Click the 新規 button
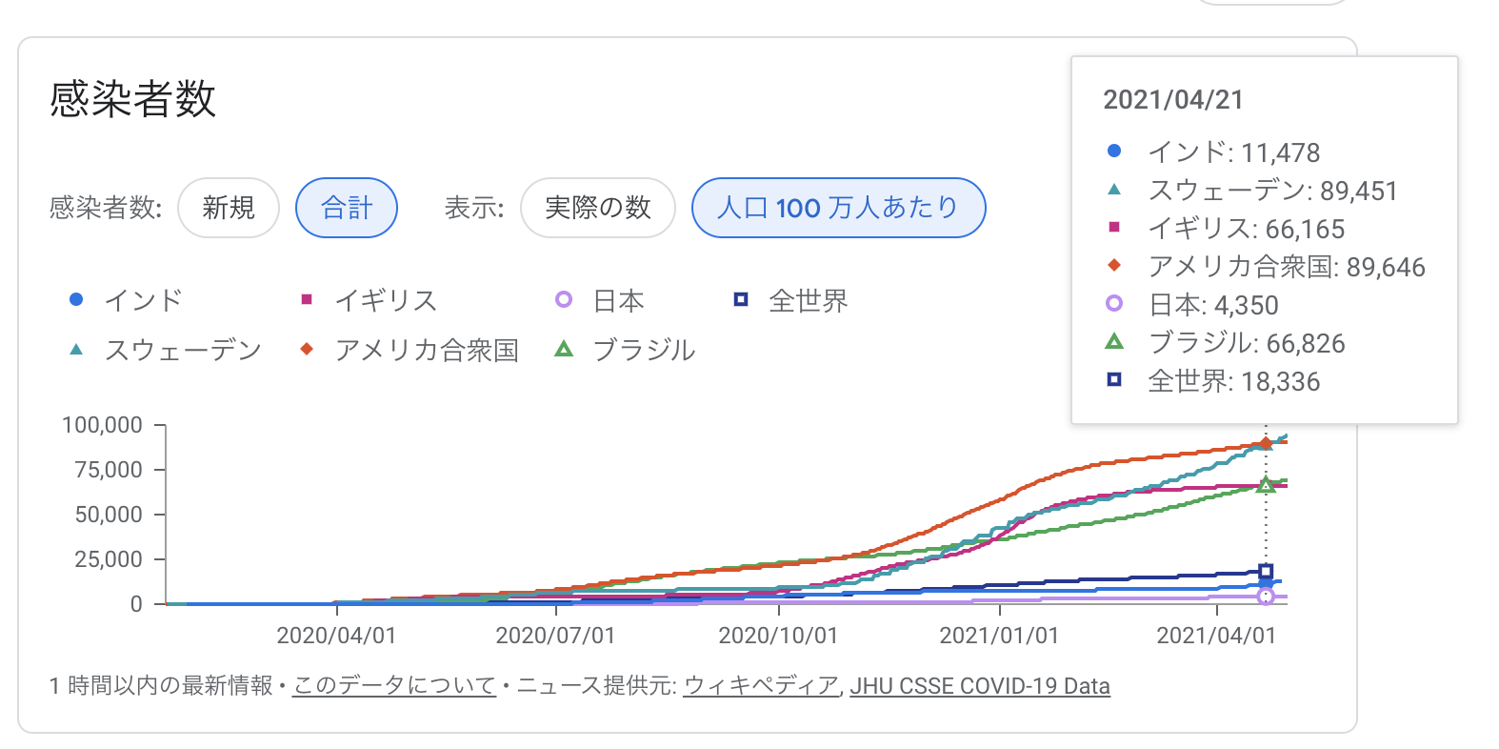[229, 208]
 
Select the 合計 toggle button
[347, 208]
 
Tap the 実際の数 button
[598, 208]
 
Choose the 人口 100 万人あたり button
[838, 208]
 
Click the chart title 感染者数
[133, 99]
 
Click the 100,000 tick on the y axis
[102, 425]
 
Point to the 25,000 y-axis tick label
[109, 559]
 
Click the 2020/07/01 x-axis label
[555, 636]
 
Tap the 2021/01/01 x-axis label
[999, 636]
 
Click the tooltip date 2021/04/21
[1173, 100]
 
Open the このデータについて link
[394, 686]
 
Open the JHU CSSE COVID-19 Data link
[980, 686]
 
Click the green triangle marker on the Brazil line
[1266, 485]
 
